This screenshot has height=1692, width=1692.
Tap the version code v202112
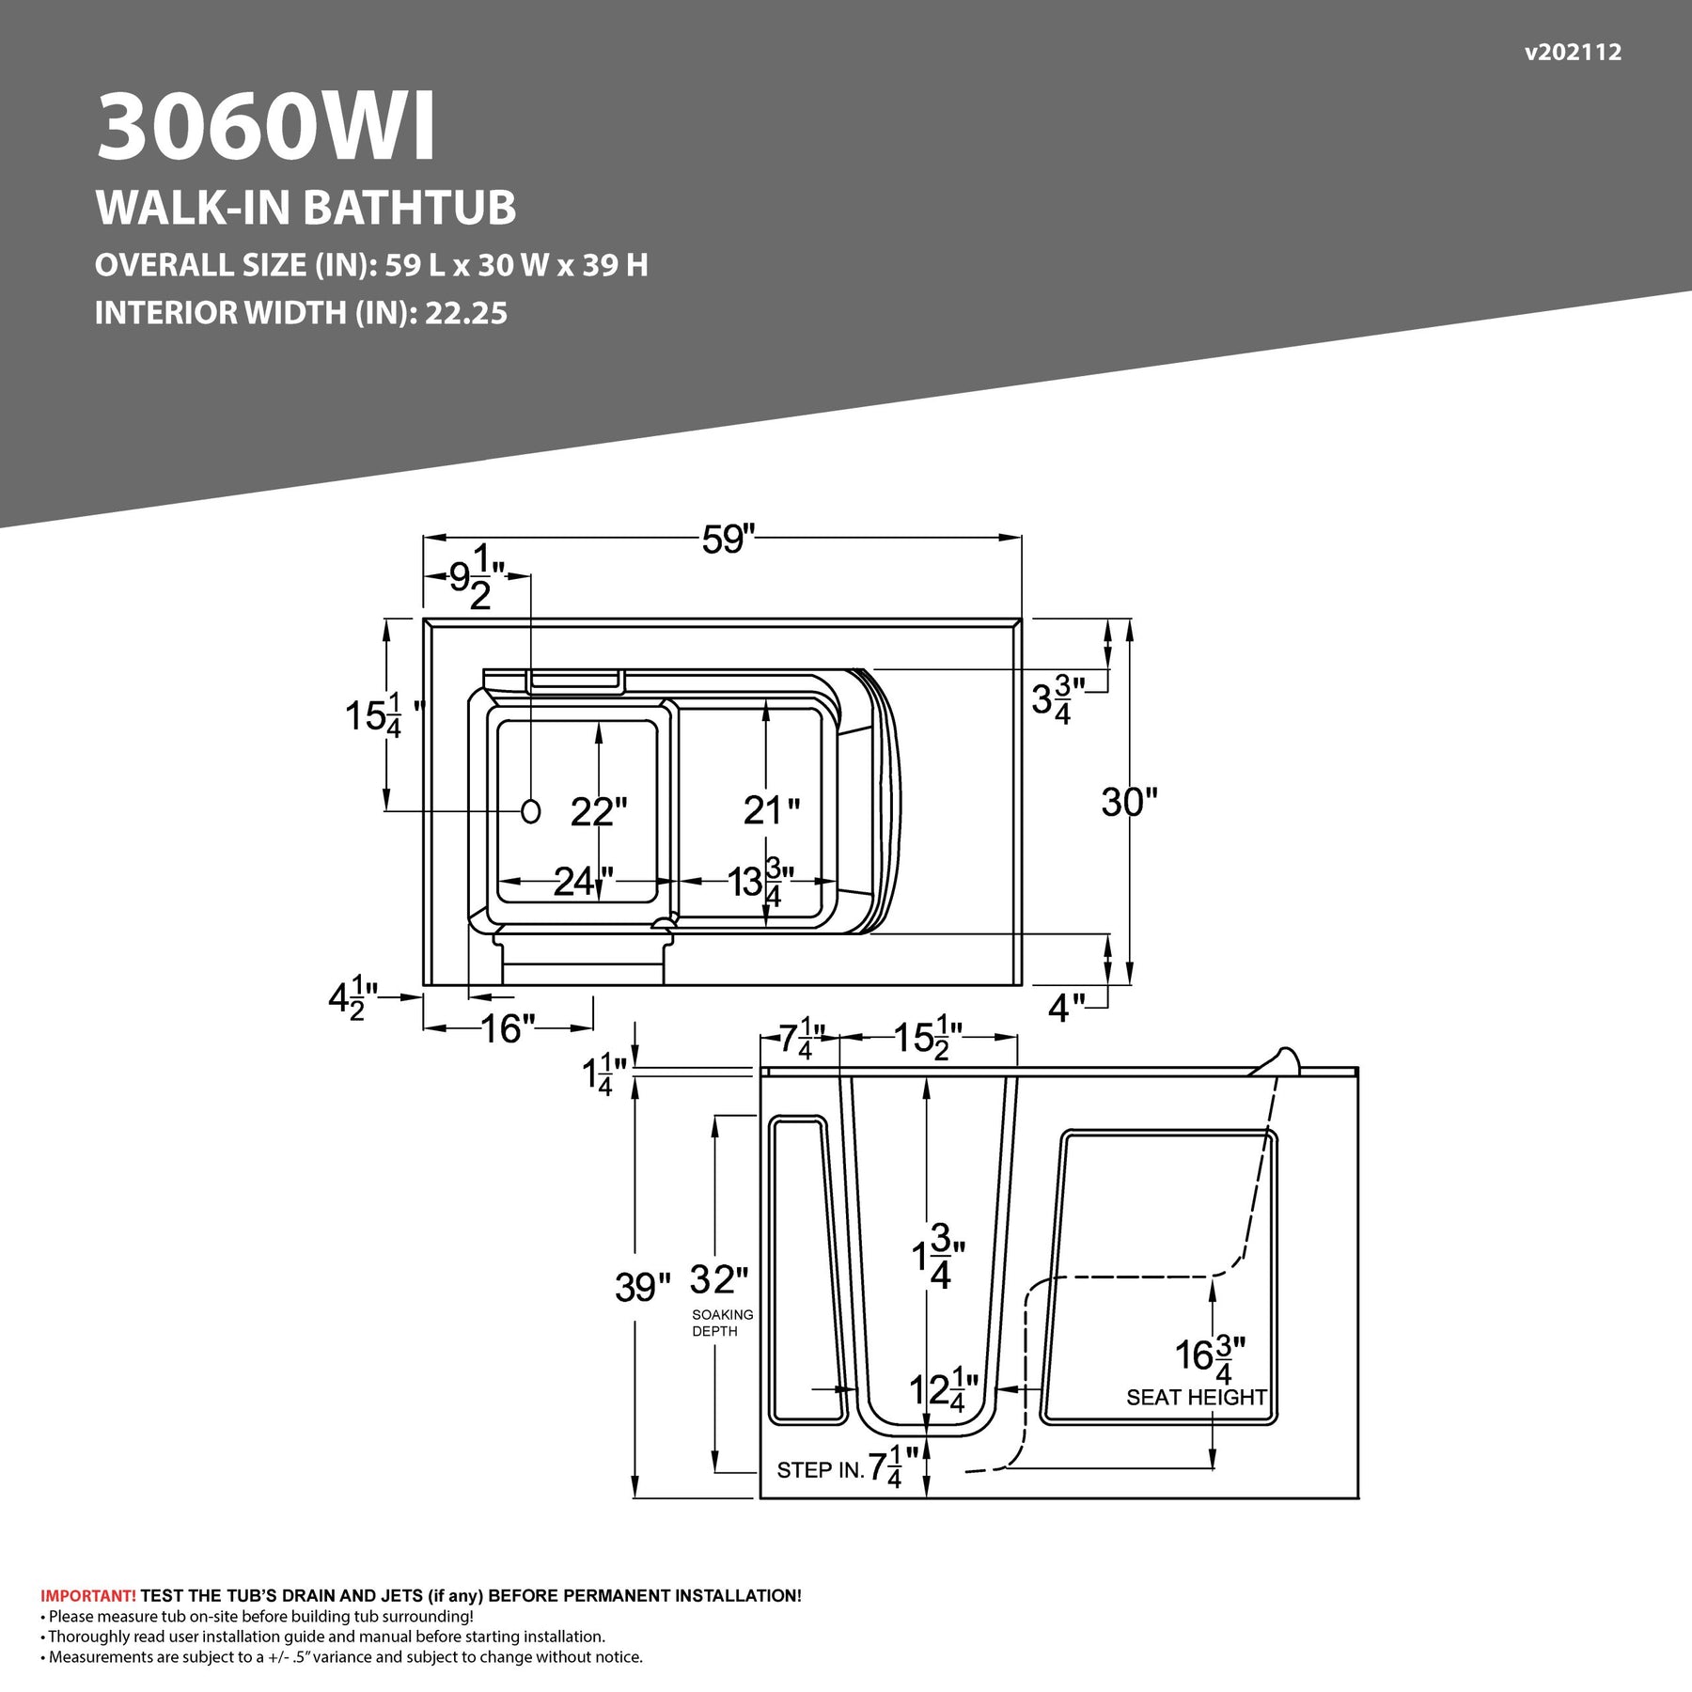point(1573,53)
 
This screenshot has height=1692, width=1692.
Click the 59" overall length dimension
point(728,540)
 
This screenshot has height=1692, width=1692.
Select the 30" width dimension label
point(1129,802)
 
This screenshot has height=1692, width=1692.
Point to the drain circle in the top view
point(531,811)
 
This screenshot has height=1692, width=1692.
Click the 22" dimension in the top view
point(599,811)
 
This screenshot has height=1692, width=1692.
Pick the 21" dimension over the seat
point(772,809)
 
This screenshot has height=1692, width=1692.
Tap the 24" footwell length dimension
point(583,881)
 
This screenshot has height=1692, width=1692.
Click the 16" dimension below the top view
point(508,1028)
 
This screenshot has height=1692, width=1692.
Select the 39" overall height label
point(643,1287)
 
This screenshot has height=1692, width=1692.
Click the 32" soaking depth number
point(719,1279)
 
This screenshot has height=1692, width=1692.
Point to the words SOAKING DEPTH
point(722,1323)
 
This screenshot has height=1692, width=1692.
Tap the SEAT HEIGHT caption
point(1197,1398)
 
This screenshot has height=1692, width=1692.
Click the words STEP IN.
point(820,1470)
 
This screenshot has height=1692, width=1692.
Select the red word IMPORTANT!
point(88,1596)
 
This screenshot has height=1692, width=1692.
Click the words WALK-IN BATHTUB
point(305,208)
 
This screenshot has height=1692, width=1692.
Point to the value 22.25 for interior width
point(466,313)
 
